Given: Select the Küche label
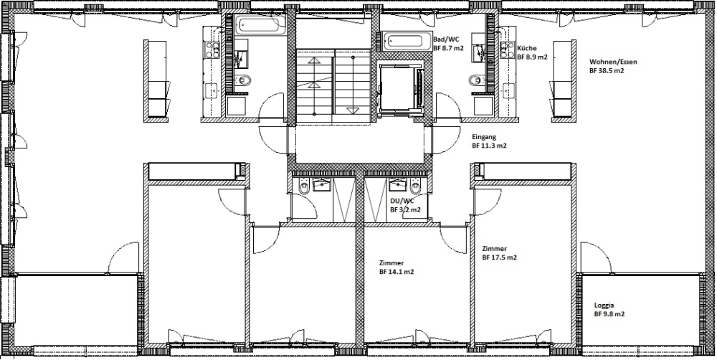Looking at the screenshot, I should (x=527, y=48).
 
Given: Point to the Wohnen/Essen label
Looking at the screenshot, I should (x=613, y=62).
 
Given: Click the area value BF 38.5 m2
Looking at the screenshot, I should (x=608, y=71).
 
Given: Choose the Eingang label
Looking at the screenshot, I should (x=484, y=137).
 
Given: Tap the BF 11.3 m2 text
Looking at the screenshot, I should (x=489, y=146).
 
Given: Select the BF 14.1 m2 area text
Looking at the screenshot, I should (x=397, y=272).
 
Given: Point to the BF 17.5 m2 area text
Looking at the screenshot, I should (x=500, y=257).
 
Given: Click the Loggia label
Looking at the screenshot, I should (x=604, y=305).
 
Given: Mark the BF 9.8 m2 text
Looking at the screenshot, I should (x=609, y=314).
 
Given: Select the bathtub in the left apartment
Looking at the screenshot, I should (x=259, y=27).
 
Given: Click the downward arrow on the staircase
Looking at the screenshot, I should (x=353, y=110).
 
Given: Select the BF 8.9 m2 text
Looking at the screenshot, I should (x=532, y=57).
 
